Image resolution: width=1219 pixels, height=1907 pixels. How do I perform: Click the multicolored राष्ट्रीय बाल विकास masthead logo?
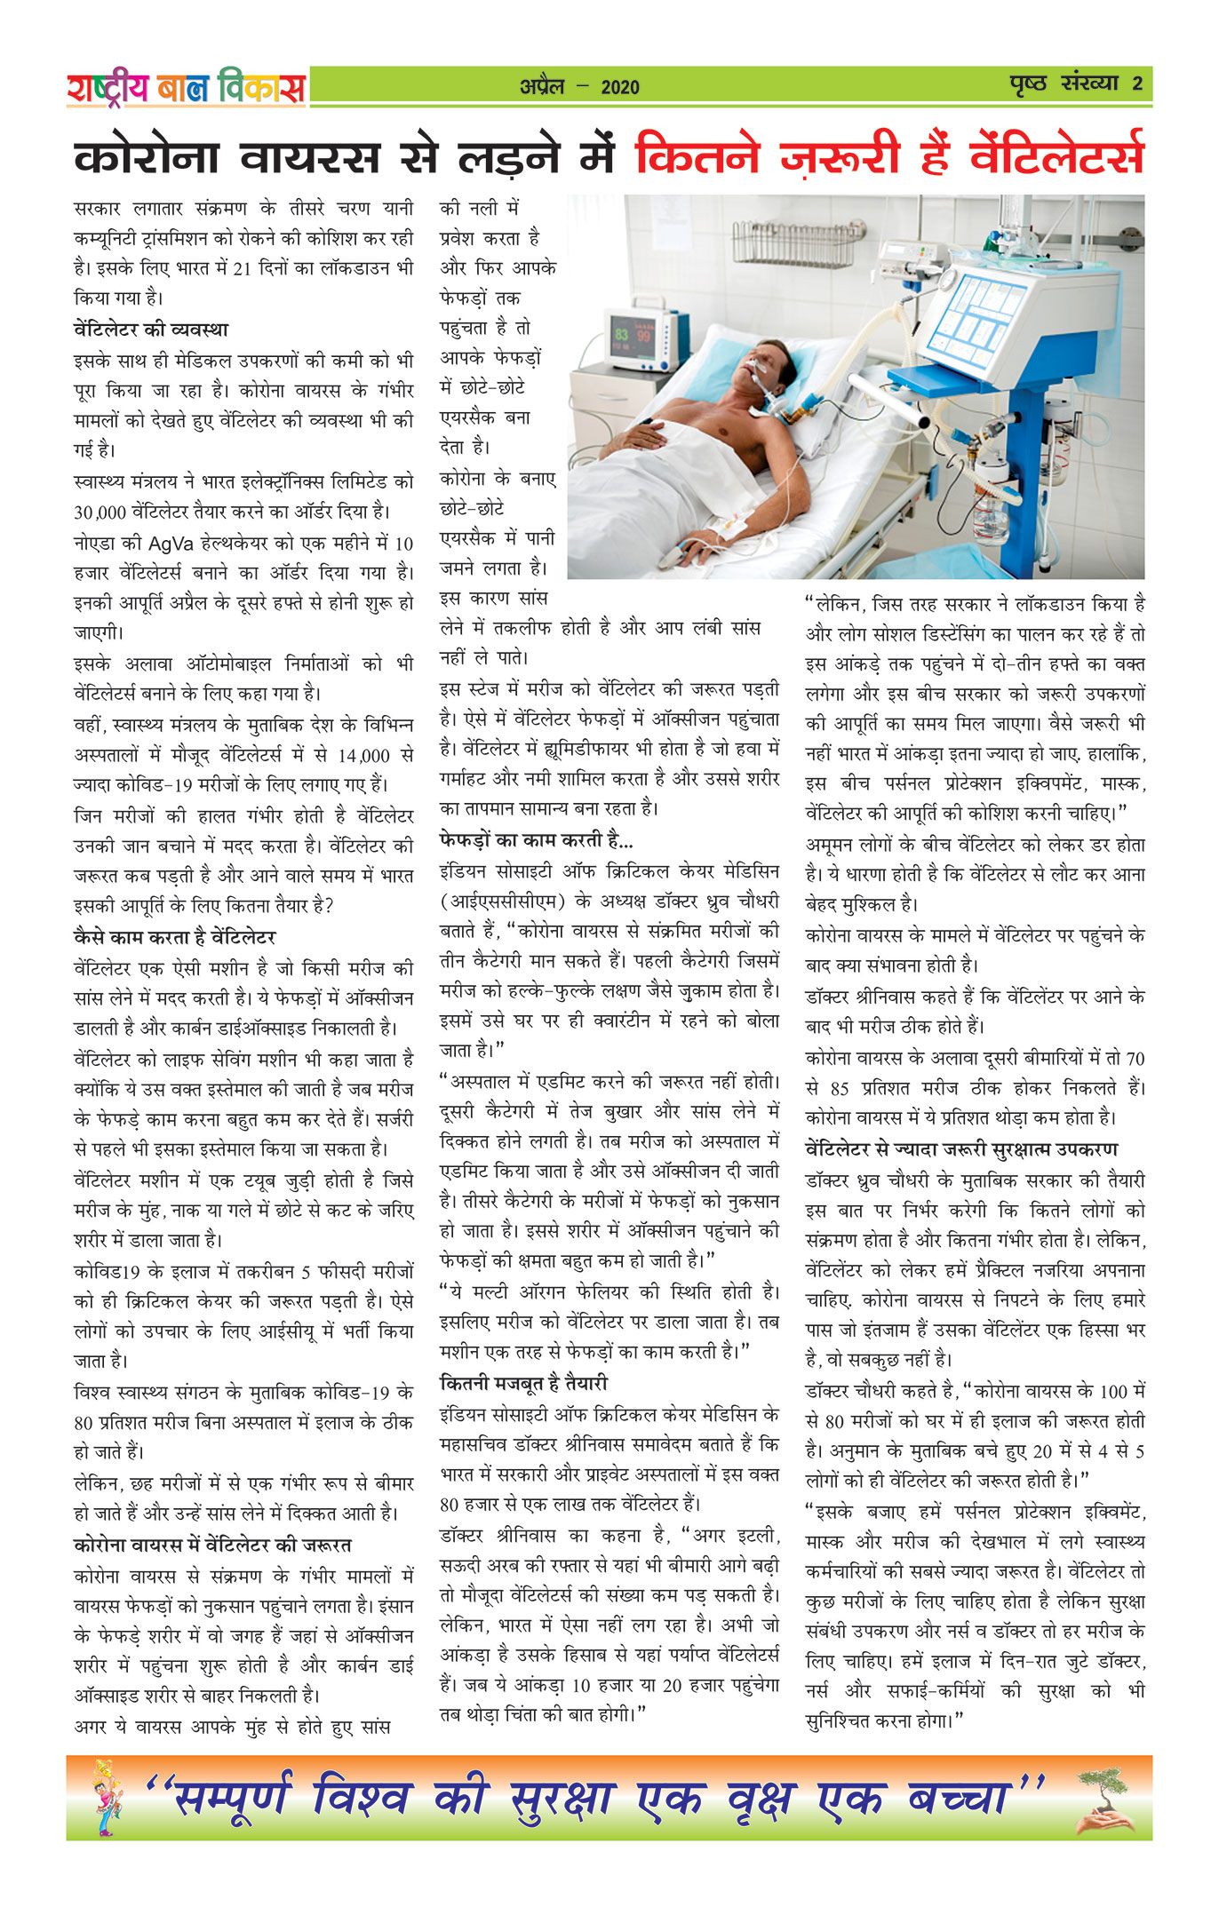pos(186,88)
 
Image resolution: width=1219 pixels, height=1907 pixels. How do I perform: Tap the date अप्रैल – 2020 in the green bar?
pos(579,86)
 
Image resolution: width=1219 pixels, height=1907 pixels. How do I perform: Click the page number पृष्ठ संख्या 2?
pos(1075,84)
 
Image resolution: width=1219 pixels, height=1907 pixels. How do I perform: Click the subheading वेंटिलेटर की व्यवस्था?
pos(151,330)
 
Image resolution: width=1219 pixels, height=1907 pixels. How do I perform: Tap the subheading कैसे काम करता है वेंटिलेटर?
pos(174,937)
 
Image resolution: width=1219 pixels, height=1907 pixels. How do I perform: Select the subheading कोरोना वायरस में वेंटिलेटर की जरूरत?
pos(212,1545)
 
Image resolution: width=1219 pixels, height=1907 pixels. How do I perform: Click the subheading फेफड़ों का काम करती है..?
pos(536,839)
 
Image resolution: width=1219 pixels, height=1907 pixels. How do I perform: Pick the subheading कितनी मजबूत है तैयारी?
pos(523,1383)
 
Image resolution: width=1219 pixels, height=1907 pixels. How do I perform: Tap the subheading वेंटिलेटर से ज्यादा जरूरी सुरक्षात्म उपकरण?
pos(961,1149)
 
